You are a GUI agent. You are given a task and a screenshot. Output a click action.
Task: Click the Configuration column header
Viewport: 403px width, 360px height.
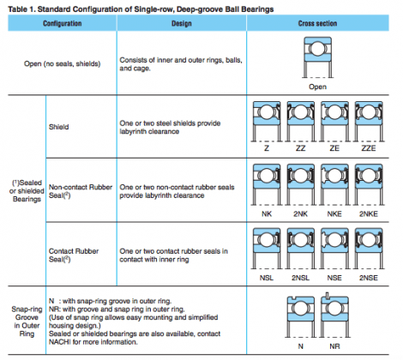[x=63, y=23]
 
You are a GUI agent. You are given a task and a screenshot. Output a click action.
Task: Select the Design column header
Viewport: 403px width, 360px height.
[x=182, y=23]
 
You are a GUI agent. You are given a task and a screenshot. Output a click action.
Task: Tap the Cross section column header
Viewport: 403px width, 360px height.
[x=317, y=23]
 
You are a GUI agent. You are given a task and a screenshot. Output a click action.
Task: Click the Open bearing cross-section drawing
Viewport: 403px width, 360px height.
[x=317, y=57]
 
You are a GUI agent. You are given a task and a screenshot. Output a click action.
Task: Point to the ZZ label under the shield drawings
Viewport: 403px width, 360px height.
[x=300, y=148]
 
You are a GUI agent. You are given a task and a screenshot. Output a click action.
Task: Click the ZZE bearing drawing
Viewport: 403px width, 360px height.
[x=369, y=121]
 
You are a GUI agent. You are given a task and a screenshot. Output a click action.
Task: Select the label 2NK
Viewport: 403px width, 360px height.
[x=300, y=213]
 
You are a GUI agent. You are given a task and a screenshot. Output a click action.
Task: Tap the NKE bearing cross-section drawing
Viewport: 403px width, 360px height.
[x=334, y=184]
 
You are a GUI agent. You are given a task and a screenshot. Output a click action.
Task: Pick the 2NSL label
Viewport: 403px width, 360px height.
[x=300, y=278]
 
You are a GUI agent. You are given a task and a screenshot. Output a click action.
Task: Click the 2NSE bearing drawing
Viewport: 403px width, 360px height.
[x=369, y=249]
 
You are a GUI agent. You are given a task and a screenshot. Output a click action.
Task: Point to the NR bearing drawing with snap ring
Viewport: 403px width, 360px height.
[x=334, y=315]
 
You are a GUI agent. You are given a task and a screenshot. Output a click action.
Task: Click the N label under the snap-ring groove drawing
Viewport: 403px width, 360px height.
[x=300, y=346]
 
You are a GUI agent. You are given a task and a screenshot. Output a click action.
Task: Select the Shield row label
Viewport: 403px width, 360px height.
[x=58, y=127]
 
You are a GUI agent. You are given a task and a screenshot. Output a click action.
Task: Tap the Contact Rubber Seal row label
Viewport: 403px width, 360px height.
[x=74, y=255]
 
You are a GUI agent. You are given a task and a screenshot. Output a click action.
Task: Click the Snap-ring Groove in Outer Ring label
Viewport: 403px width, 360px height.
[x=27, y=321]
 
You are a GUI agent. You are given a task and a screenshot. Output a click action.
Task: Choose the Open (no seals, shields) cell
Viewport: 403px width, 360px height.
[x=63, y=63]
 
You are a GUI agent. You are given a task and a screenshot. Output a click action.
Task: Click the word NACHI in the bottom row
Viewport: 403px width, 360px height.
[x=59, y=342]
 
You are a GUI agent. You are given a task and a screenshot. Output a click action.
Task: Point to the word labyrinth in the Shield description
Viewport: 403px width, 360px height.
[x=135, y=132]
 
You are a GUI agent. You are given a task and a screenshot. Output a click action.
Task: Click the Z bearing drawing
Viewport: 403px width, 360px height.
[x=267, y=121]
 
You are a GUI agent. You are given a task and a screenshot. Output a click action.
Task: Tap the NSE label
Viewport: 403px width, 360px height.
[x=334, y=278]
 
